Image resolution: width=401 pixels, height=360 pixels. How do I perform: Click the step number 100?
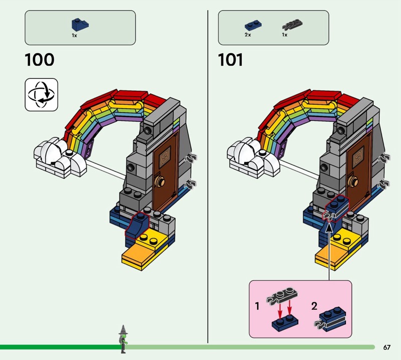[x=39, y=60]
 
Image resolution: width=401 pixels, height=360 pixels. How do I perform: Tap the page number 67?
[x=386, y=347]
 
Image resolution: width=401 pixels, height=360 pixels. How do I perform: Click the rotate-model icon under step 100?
[x=41, y=94]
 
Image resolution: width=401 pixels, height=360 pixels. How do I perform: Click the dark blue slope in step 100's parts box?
[x=79, y=25]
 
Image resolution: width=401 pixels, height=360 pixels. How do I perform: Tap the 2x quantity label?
[x=248, y=35]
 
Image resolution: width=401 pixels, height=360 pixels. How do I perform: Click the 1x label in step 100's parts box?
[x=74, y=36]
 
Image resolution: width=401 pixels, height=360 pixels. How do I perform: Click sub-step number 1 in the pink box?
[x=257, y=306]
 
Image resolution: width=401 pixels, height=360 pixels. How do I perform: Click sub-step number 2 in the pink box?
[x=314, y=306]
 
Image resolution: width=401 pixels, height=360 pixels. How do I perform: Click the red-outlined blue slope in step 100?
[x=136, y=225]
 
